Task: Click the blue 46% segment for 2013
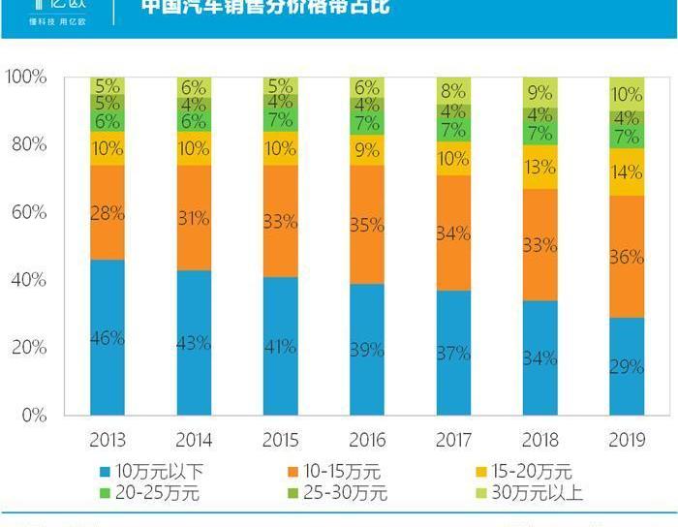point(108,337)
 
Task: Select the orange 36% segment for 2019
point(627,257)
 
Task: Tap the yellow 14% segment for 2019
point(627,172)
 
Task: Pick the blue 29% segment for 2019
point(627,366)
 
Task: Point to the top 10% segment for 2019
point(627,94)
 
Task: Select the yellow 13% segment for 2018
point(540,167)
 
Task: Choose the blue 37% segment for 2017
point(453,353)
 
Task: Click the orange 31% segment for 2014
point(194,218)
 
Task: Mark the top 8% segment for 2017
point(453,91)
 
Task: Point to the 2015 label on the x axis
point(281,440)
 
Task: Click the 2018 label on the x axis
point(540,440)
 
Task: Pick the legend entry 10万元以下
point(151,472)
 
